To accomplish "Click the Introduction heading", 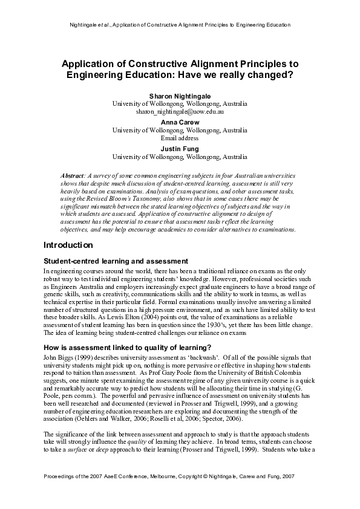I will pyautogui.click(x=68, y=245).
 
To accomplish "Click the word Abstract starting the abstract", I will pyautogui.click(x=75, y=175).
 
